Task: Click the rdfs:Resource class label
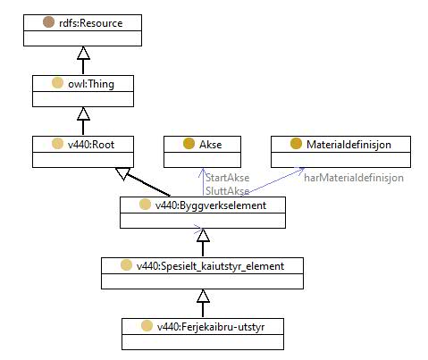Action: pos(91,23)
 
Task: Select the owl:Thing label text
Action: pos(91,84)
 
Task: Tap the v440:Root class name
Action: pos(91,145)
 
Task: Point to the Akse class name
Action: pos(211,145)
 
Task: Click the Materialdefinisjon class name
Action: pos(348,145)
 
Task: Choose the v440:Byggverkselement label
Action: pos(211,205)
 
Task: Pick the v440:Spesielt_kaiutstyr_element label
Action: pos(210,266)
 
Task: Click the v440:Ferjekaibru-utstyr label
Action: pos(211,327)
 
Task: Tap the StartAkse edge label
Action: pos(228,178)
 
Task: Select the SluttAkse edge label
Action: pos(228,191)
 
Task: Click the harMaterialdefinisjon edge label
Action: pos(354,178)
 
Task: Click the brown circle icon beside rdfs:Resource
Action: pos(48,22)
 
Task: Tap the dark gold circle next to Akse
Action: pos(189,144)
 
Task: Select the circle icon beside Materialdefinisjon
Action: pos(296,144)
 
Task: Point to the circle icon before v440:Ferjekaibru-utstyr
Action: pos(147,326)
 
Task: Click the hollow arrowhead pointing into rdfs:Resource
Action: pos(83,53)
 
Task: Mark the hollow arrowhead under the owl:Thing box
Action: pos(83,113)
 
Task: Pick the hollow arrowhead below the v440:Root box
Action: pos(122,173)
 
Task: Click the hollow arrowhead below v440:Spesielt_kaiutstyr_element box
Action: pos(203,296)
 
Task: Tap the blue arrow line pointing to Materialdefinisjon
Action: pos(273,181)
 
